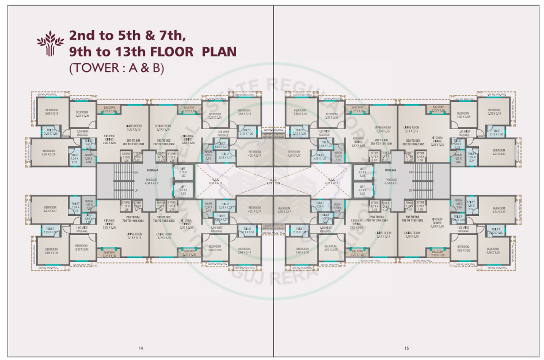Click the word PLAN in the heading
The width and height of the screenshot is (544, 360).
(x=218, y=51)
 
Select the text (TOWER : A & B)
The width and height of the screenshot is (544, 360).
(x=116, y=67)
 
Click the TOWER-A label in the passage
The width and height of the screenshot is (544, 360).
(x=151, y=170)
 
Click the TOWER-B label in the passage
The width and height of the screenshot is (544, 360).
(x=391, y=170)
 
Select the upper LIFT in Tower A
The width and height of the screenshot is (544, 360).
(x=182, y=173)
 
